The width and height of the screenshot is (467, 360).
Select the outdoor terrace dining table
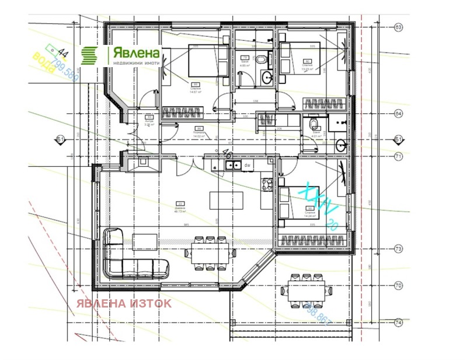(304, 290)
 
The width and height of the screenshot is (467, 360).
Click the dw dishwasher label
(248, 166)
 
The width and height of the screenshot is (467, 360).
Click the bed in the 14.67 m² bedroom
(206, 61)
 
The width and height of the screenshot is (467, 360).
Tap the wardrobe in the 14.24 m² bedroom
(315, 239)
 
